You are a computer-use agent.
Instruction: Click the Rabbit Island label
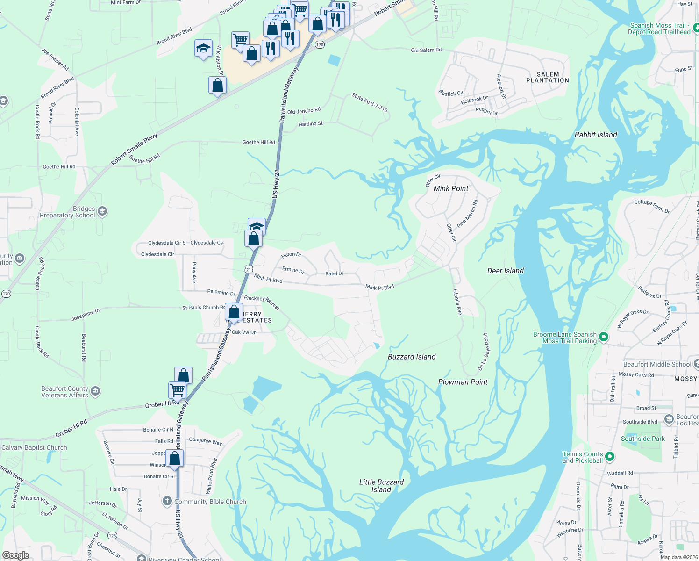pos(596,135)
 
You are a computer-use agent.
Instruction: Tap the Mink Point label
pos(451,188)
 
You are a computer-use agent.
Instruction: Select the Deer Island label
pos(505,271)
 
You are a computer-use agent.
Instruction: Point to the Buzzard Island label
pos(412,357)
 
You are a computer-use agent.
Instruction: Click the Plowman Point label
pos(463,382)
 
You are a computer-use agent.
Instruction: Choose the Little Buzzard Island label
pos(381,486)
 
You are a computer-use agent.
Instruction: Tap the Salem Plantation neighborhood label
pos(548,78)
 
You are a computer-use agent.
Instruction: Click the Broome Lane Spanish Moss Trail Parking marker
pos(603,337)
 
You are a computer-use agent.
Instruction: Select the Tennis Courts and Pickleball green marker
pos(609,456)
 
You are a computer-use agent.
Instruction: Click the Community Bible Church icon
pos(167,502)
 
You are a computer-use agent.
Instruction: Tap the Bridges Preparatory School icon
pos(102,211)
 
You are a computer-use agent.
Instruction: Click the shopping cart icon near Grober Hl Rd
pos(177,389)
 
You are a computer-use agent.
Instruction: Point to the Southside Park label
pos(642,439)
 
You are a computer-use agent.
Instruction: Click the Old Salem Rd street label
pos(426,50)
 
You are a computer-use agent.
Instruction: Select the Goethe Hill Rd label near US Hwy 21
pos(258,142)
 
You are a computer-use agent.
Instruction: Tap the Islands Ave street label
pos(457,302)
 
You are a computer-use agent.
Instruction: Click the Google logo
pos(15,555)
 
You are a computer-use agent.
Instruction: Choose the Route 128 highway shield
pos(112,536)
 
